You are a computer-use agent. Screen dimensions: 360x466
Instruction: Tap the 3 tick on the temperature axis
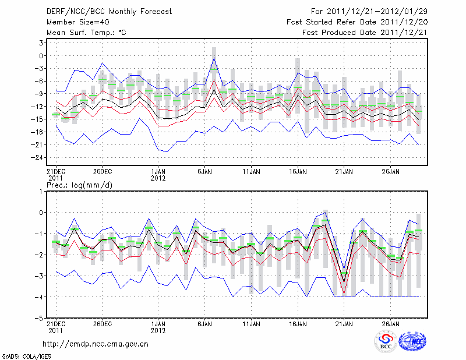[41, 43]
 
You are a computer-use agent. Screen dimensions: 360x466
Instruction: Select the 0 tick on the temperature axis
[41, 56]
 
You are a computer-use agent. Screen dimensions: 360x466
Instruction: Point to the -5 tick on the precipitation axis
[38, 318]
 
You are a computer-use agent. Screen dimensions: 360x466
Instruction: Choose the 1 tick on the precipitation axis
[41, 191]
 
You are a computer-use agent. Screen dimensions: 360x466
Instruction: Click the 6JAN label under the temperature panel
[204, 172]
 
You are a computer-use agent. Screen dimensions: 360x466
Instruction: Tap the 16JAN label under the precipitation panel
[298, 323]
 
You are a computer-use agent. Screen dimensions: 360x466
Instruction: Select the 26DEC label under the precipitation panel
[102, 323]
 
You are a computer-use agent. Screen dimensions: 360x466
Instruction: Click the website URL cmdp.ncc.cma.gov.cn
[96, 344]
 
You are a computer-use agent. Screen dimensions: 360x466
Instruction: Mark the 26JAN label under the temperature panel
[390, 172]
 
